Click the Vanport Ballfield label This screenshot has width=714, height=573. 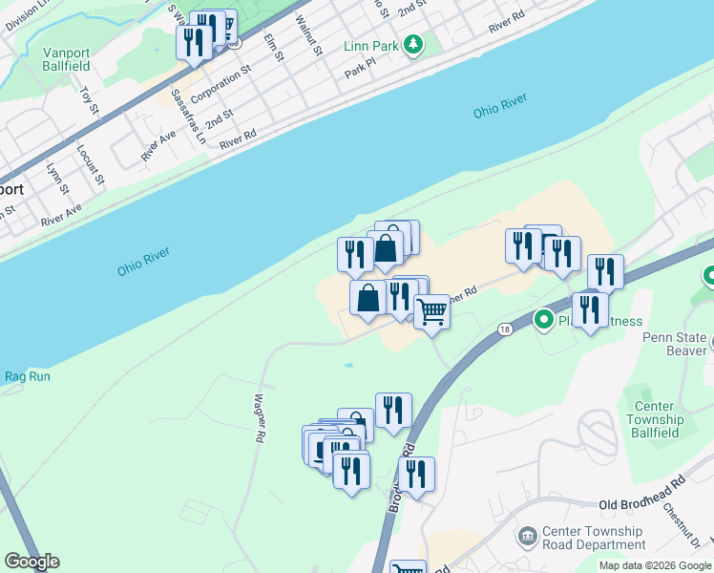(67, 59)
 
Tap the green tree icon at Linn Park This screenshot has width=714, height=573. (412, 45)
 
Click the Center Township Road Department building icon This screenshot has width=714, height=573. (527, 538)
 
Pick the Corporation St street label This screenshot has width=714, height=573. (220, 84)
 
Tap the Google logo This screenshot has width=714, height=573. (31, 562)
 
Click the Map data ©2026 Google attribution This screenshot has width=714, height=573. (654, 565)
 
